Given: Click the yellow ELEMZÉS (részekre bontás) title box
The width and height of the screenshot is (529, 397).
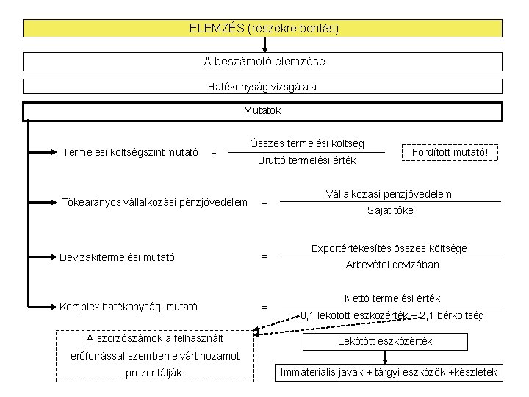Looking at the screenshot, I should click(263, 29).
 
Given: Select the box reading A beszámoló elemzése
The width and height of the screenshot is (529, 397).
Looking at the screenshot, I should click(263, 62).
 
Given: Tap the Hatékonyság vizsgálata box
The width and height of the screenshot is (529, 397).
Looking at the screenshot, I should click(263, 87).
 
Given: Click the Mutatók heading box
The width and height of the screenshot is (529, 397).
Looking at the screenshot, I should click(263, 112).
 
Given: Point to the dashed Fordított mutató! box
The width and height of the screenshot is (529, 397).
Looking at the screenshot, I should click(450, 152).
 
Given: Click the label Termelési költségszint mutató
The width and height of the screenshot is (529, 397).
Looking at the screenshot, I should click(131, 153).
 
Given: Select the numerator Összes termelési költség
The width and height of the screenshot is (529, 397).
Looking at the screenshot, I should click(306, 143).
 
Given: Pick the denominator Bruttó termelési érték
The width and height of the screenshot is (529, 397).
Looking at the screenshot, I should click(306, 160).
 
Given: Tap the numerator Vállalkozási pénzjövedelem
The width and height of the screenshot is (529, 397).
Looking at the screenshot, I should click(389, 194).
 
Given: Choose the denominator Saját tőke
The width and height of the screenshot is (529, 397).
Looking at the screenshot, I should click(390, 210).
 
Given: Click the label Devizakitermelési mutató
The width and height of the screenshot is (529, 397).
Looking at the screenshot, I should click(118, 257).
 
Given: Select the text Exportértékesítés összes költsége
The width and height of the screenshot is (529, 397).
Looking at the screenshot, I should click(389, 248).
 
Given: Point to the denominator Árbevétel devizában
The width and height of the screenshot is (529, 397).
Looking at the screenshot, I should click(392, 265).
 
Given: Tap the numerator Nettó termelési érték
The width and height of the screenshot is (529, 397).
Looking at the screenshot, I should click(392, 298).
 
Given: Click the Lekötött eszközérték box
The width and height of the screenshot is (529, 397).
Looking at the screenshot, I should click(384, 341).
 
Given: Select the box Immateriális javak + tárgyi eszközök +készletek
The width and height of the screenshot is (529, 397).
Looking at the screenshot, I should click(389, 372).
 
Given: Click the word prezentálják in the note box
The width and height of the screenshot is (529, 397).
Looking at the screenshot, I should click(156, 373).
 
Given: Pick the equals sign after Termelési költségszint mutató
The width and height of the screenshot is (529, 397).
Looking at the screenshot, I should click(213, 153).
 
